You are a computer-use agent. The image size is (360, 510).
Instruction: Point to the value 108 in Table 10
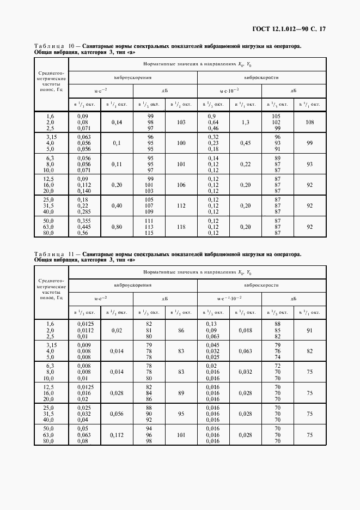[x=310, y=123]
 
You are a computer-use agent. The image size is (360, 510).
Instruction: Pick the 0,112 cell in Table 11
[x=117, y=435]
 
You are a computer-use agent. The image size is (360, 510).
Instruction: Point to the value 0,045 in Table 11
[x=212, y=345]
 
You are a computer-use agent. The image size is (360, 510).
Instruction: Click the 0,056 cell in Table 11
[x=117, y=414]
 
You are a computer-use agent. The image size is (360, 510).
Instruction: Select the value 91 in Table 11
[x=310, y=330]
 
